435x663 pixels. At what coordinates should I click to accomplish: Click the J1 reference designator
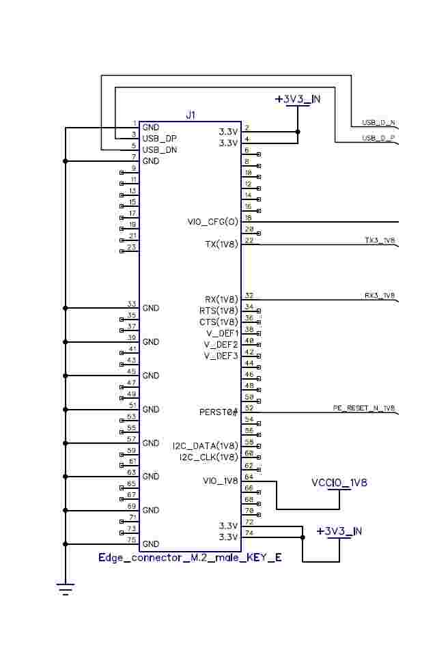[191, 115]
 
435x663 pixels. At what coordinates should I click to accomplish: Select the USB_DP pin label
[160, 139]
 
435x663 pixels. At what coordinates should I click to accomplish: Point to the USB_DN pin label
[160, 150]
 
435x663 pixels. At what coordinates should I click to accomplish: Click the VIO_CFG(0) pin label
[213, 222]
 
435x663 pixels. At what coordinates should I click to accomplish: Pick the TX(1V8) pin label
[221, 244]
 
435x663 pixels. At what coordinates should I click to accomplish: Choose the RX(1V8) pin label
[221, 299]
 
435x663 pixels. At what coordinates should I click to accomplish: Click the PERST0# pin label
[219, 412]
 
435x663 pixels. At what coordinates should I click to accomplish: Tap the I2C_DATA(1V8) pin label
[206, 446]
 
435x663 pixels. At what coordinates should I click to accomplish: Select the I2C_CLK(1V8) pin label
[208, 457]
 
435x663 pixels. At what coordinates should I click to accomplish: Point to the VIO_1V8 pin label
[220, 481]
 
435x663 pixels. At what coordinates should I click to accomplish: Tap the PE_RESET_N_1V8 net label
[364, 408]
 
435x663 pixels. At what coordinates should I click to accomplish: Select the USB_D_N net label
[378, 123]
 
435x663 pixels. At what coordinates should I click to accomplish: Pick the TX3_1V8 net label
[380, 240]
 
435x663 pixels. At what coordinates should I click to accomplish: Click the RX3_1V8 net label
[380, 296]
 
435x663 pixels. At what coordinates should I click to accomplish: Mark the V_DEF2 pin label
[221, 344]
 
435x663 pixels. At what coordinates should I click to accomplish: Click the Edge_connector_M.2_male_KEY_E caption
[190, 558]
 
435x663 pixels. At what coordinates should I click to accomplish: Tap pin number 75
[132, 540]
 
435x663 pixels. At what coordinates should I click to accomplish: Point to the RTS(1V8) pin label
[219, 311]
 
